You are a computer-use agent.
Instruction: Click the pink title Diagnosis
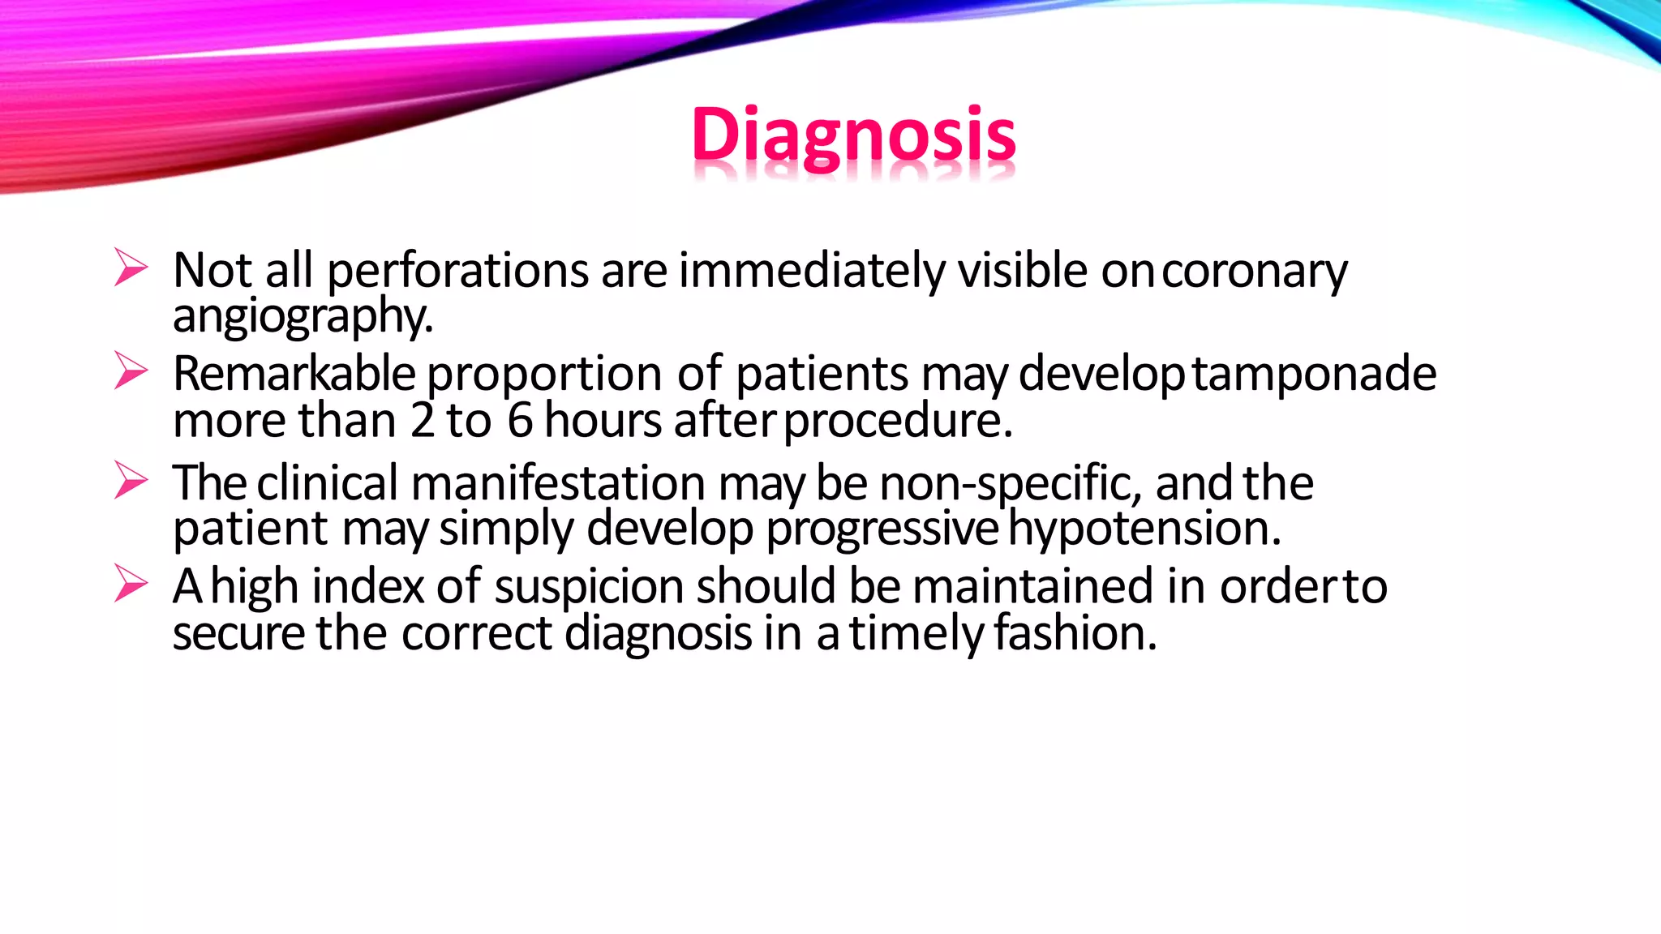(x=852, y=135)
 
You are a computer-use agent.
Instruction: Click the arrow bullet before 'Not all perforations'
(x=131, y=268)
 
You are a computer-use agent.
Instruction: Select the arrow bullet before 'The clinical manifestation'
(x=131, y=480)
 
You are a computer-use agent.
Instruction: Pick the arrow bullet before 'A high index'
(x=131, y=584)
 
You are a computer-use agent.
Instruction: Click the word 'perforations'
(x=457, y=272)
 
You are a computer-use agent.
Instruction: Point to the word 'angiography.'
(x=303, y=316)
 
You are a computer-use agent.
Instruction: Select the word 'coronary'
(x=1254, y=272)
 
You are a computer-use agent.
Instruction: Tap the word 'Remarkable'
(x=294, y=374)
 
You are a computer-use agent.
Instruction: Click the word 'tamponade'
(x=1314, y=375)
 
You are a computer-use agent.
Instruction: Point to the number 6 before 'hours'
(x=519, y=421)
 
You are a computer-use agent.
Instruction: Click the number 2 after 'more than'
(x=423, y=421)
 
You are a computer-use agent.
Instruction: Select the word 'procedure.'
(x=898, y=422)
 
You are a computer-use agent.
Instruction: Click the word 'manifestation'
(x=558, y=483)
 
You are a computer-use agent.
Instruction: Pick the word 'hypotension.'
(x=1144, y=529)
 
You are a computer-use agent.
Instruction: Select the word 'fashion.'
(x=1075, y=633)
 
